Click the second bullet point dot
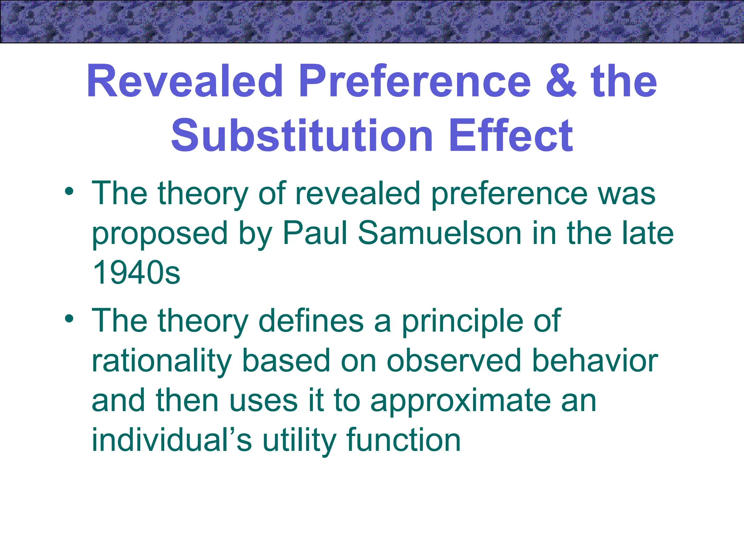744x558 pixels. click(x=69, y=319)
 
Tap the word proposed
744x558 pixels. click(x=160, y=234)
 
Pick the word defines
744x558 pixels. click(x=311, y=320)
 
